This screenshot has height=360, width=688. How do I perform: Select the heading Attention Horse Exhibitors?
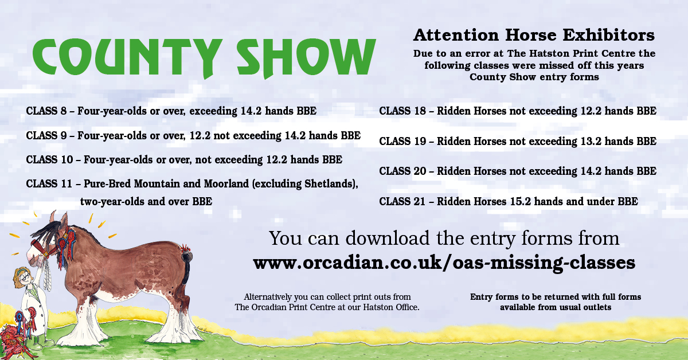(x=534, y=36)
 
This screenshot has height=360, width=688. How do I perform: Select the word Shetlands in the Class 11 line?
(x=333, y=184)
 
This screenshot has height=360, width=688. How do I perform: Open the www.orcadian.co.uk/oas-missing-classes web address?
(x=444, y=263)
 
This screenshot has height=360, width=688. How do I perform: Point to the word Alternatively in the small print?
(x=272, y=297)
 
